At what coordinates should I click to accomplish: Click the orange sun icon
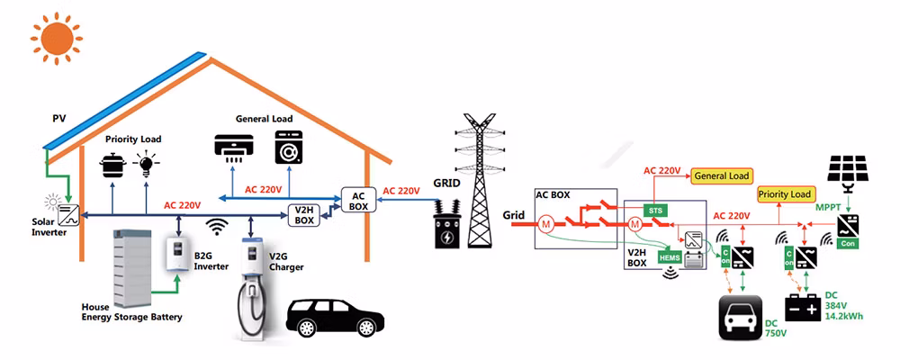[52, 37]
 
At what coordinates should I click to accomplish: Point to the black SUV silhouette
[332, 318]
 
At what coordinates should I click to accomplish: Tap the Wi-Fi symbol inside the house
[215, 227]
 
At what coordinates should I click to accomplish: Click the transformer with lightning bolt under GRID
[445, 232]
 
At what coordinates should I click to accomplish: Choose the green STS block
[655, 209]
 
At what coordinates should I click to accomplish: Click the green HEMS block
[670, 257]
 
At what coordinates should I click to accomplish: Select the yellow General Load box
[722, 176]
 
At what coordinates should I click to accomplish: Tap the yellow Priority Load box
[785, 193]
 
